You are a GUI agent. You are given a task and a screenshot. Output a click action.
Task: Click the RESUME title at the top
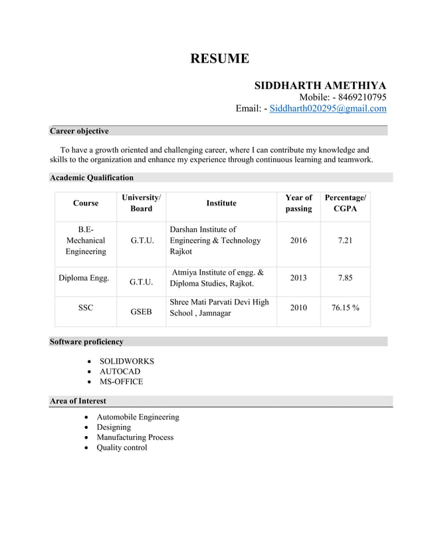[x=220, y=58]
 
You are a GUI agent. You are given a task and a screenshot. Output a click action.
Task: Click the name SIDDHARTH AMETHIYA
[x=320, y=86]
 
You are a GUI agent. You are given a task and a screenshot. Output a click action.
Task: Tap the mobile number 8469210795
[x=362, y=97]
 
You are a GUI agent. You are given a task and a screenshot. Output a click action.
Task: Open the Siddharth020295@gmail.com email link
[x=328, y=108]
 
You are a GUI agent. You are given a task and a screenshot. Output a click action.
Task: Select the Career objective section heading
[x=80, y=131]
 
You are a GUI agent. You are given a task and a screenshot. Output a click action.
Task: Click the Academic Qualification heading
[x=92, y=177]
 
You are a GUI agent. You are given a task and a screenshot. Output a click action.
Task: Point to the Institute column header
[x=221, y=203]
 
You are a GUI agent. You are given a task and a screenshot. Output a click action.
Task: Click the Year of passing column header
[x=298, y=203]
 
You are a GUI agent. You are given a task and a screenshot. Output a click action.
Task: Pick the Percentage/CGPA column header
[x=345, y=203]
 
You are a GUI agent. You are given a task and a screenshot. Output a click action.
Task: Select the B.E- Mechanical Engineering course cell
[x=86, y=241]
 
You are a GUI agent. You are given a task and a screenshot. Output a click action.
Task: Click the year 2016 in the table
[x=298, y=241]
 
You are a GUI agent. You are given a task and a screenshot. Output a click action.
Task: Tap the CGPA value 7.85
[x=345, y=278]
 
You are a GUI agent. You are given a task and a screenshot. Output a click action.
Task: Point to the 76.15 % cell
[x=345, y=307]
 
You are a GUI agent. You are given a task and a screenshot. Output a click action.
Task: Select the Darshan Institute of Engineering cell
[x=215, y=241]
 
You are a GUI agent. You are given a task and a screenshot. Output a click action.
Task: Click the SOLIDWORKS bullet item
[x=127, y=361]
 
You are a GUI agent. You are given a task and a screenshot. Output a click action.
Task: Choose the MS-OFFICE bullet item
[x=121, y=382]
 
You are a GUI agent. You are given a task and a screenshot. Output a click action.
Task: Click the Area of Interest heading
[x=78, y=401]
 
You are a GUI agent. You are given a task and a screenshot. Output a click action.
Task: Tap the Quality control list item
[x=122, y=447]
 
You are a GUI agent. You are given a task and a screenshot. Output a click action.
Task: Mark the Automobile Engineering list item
[x=138, y=417]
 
